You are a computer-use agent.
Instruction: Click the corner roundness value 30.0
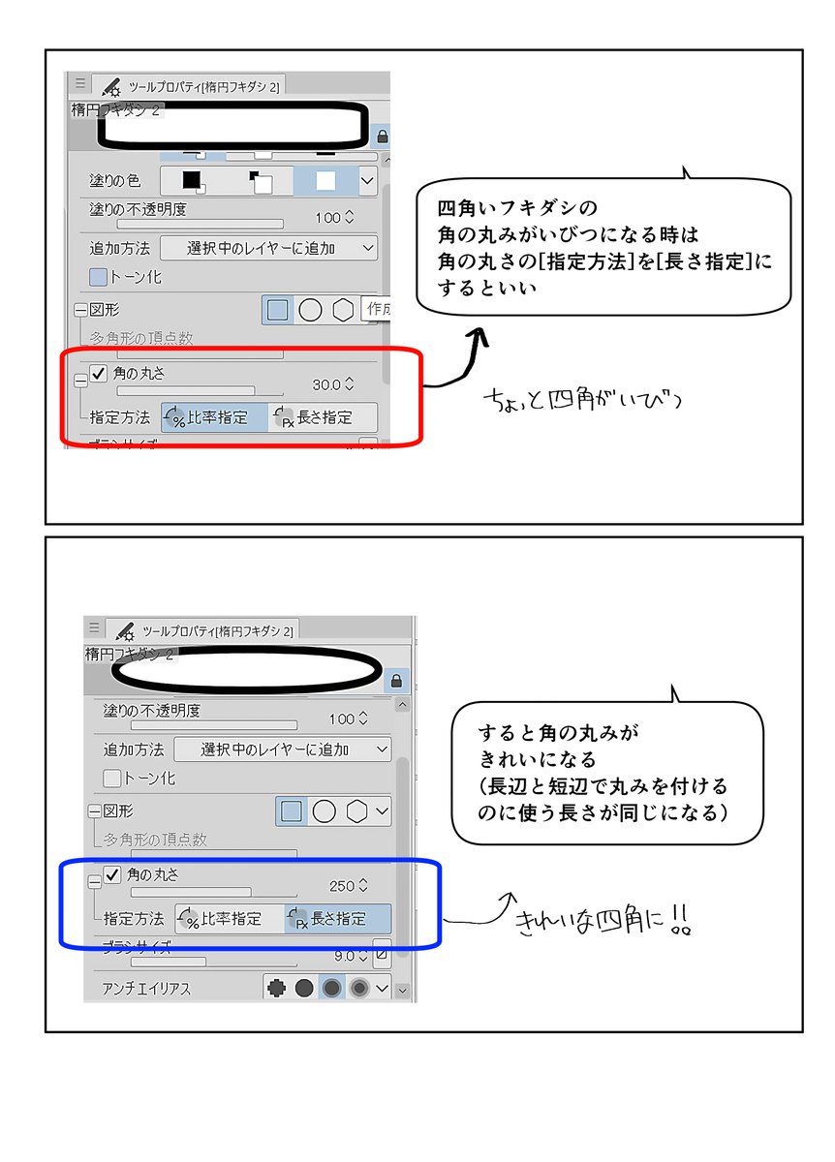(x=326, y=384)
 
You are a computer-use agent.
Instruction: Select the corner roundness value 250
(x=343, y=885)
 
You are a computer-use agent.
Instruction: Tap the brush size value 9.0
(x=345, y=955)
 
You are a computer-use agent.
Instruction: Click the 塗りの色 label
(x=115, y=180)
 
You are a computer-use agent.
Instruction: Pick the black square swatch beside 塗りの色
(x=192, y=180)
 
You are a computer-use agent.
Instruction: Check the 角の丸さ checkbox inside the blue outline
(x=112, y=876)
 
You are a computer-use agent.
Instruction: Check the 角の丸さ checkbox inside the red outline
(x=99, y=373)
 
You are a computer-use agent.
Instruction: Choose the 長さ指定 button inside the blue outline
(x=338, y=919)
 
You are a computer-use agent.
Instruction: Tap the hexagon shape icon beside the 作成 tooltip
(x=343, y=310)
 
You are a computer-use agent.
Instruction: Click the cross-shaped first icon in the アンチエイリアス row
(x=275, y=989)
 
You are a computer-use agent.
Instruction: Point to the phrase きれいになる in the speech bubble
(x=538, y=758)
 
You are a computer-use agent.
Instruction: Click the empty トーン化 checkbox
(x=112, y=778)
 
